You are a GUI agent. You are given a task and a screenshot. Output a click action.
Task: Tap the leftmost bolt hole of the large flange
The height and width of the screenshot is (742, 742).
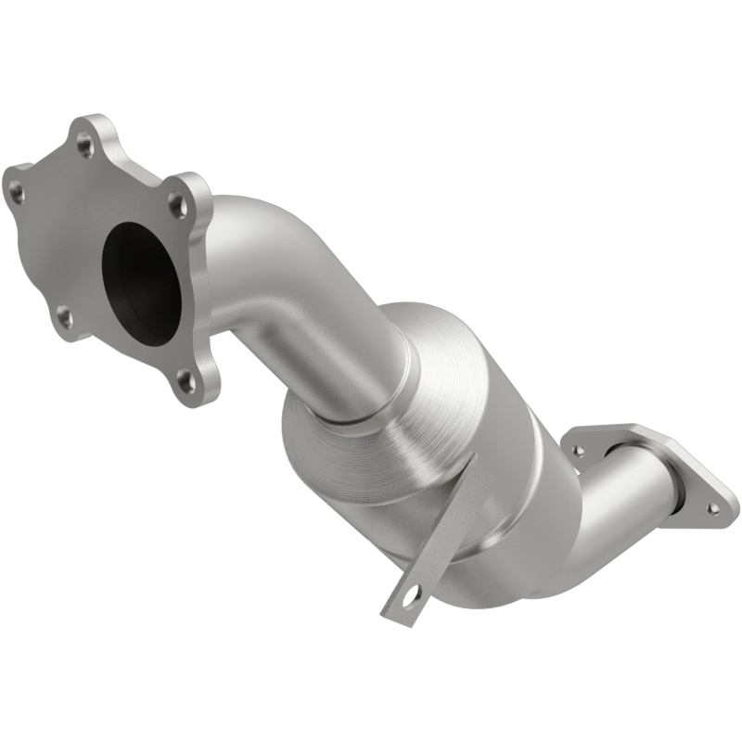click(x=17, y=192)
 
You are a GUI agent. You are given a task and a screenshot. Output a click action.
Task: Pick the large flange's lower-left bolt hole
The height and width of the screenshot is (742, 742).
click(x=64, y=317)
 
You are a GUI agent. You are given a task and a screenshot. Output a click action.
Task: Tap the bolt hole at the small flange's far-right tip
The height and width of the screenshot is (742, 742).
click(x=712, y=507)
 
